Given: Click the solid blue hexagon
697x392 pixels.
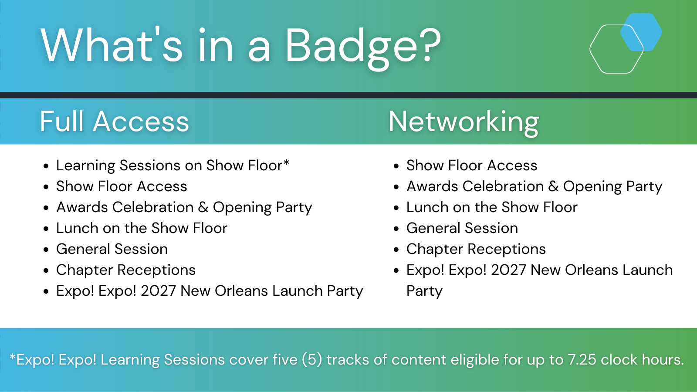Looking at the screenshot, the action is (x=641, y=32).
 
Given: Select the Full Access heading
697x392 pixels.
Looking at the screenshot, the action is (x=114, y=122).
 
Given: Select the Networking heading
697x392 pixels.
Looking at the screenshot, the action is (x=464, y=122).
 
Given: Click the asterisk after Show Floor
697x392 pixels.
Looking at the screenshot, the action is (x=286, y=162).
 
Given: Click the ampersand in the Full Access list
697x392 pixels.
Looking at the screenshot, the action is (x=203, y=207).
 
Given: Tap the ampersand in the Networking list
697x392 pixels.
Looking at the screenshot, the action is (x=553, y=186).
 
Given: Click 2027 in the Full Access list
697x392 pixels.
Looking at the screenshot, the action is (x=159, y=291).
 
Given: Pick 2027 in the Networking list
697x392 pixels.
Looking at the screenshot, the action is (x=508, y=270).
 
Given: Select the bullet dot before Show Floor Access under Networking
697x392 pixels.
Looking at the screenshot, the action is (x=396, y=166).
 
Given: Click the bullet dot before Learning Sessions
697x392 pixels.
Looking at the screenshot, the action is (x=46, y=166).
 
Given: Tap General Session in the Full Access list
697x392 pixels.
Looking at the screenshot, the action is (x=112, y=249).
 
